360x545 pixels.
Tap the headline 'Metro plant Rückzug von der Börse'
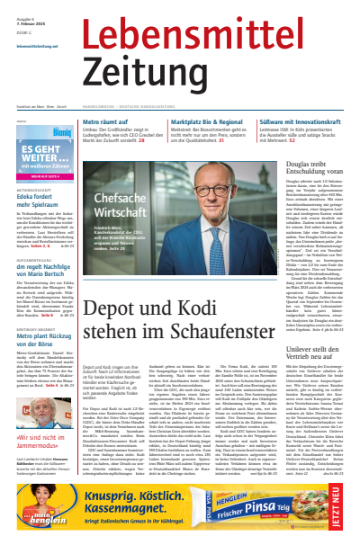tap(40, 360)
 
